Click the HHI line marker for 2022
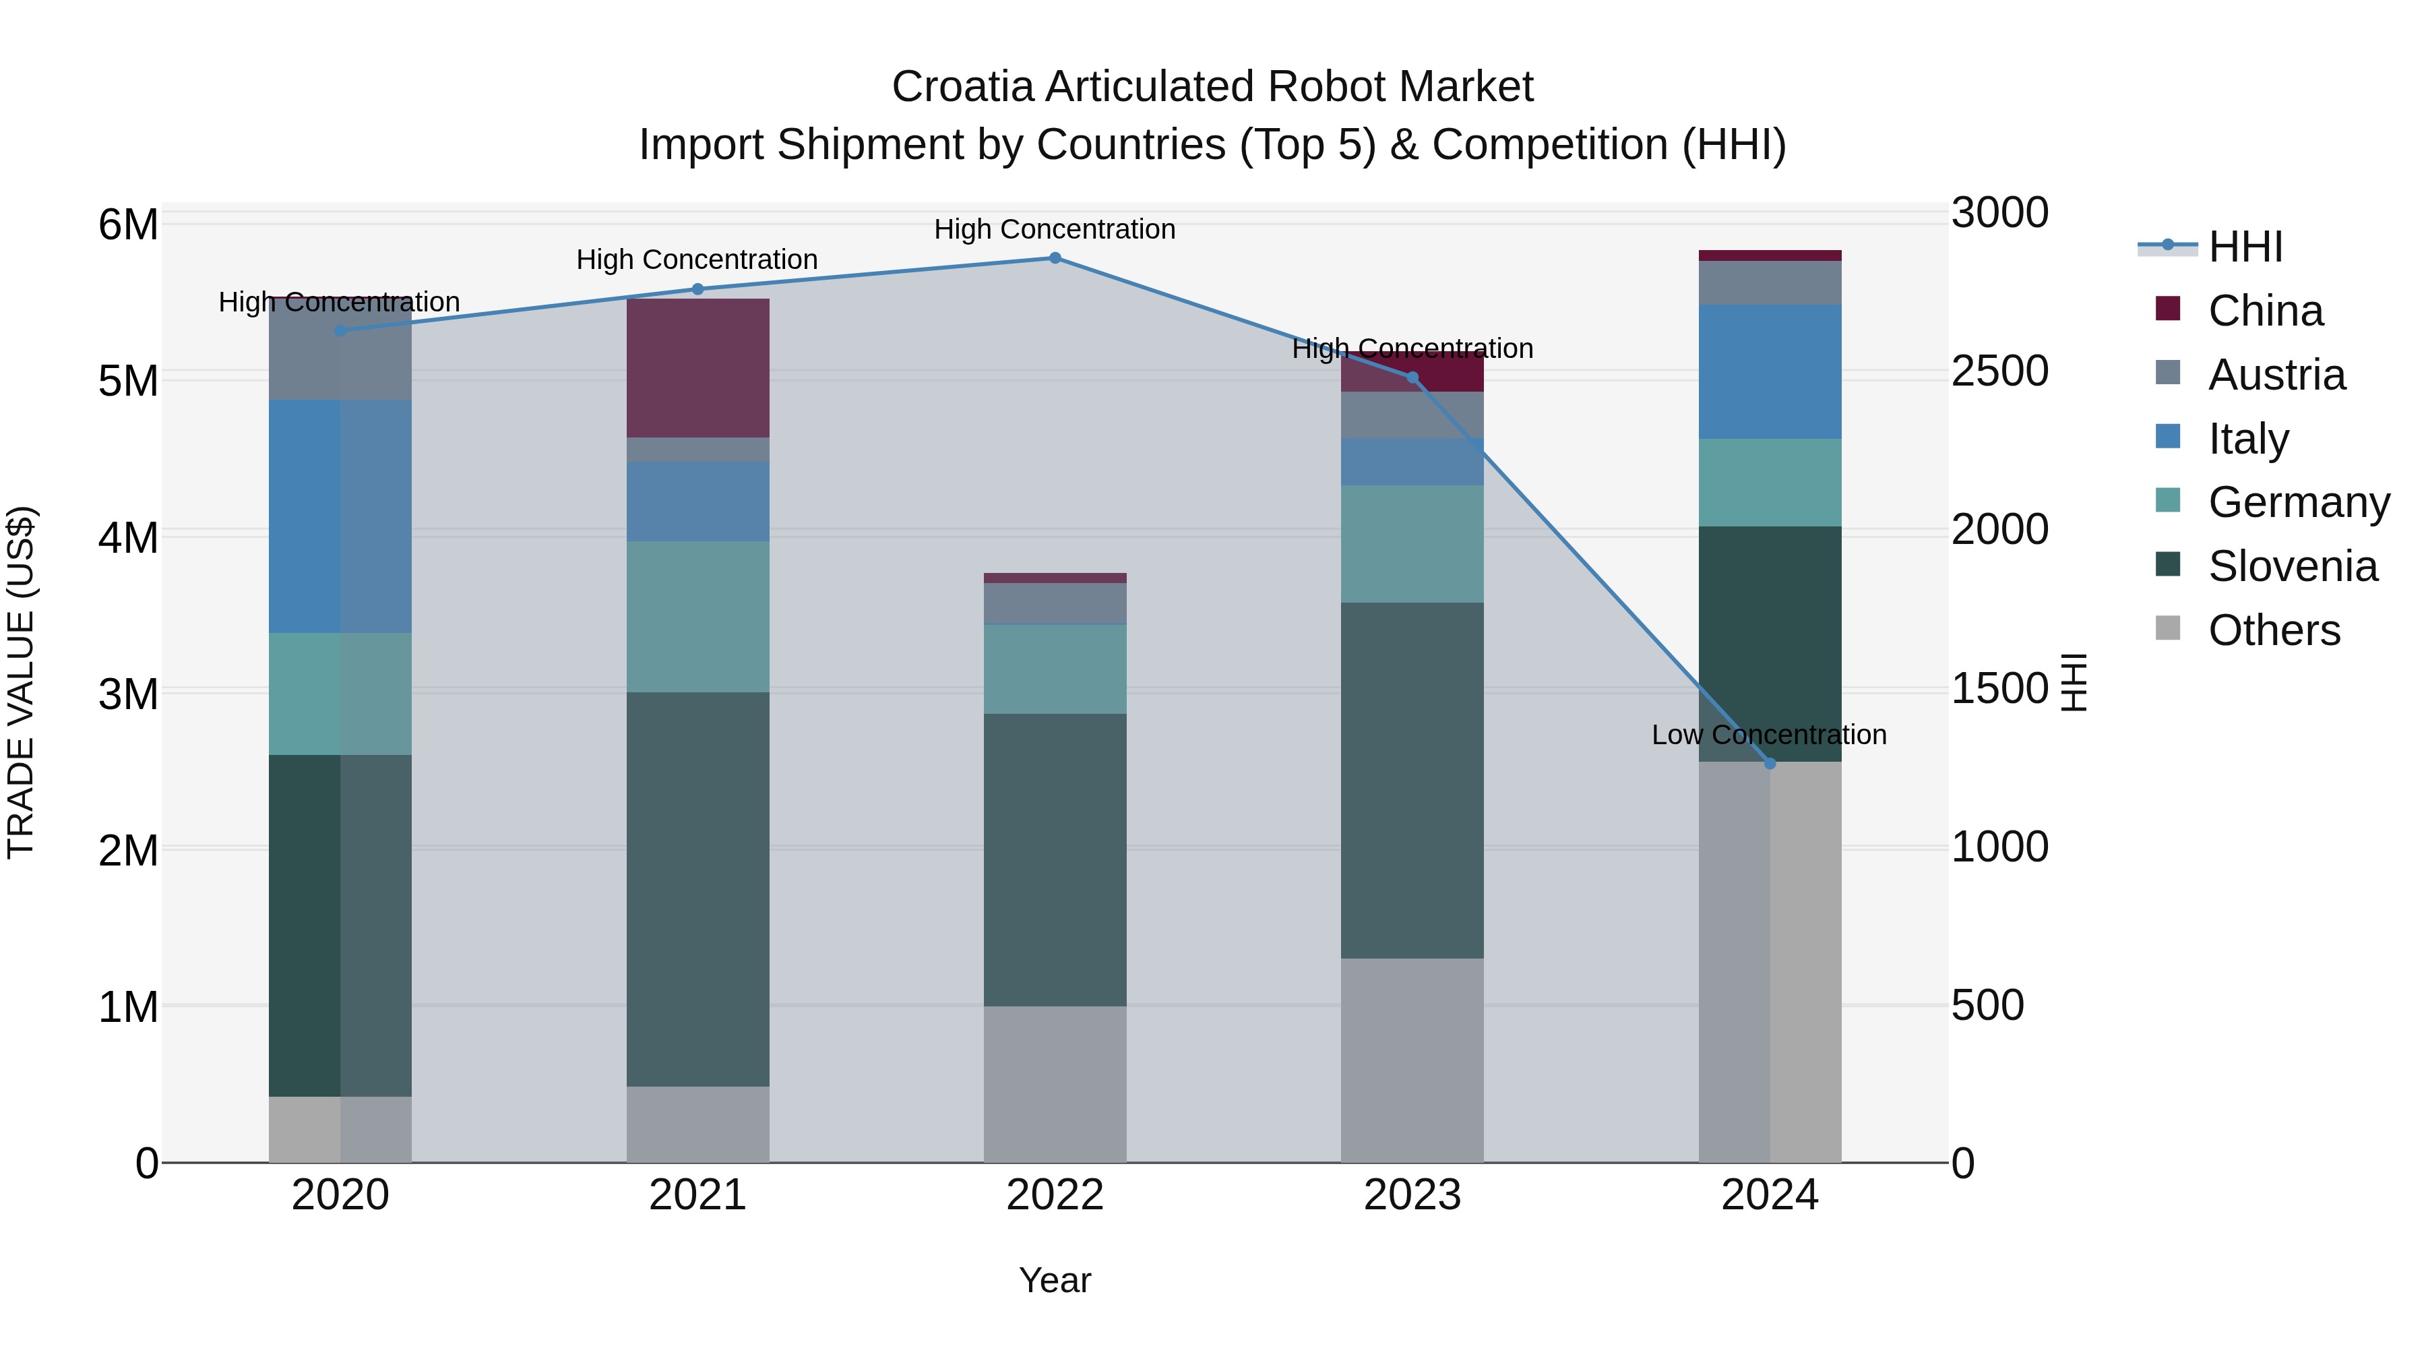click(x=1055, y=258)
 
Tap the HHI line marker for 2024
click(x=1770, y=764)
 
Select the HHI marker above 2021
click(x=698, y=289)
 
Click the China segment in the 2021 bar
click(x=698, y=368)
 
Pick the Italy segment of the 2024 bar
click(x=1770, y=372)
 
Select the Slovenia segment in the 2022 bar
click(x=1055, y=860)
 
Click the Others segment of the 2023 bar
click(x=1412, y=1061)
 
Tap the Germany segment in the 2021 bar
click(x=698, y=617)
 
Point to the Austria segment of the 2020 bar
click(x=340, y=349)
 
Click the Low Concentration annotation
click(x=1769, y=735)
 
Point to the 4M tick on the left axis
click(x=128, y=538)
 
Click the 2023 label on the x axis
click(x=1412, y=1195)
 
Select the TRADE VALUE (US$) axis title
click(x=21, y=682)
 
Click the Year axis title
click(x=1055, y=1280)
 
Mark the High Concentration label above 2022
click(x=1055, y=229)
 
